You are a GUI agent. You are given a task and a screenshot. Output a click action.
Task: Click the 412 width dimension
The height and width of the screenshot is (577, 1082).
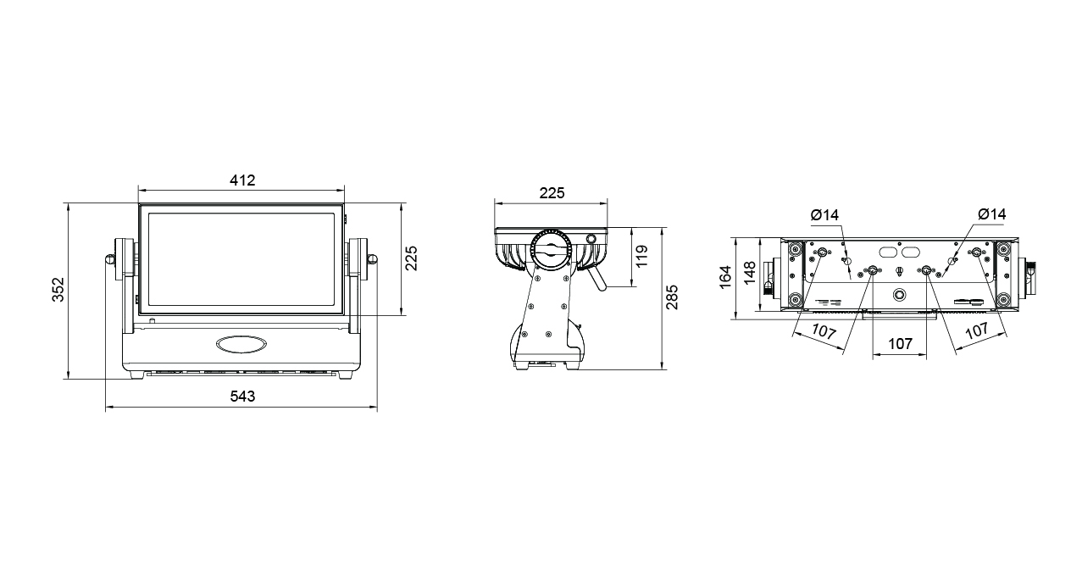coord(242,180)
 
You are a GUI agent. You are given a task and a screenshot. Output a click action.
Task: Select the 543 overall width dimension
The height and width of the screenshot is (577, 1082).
coord(242,397)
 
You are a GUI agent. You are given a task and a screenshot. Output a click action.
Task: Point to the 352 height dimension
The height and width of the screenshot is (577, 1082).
coord(58,289)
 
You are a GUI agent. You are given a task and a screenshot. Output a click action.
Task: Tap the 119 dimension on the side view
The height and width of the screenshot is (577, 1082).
coord(641,256)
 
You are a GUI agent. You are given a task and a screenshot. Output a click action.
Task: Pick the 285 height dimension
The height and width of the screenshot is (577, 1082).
coord(672,297)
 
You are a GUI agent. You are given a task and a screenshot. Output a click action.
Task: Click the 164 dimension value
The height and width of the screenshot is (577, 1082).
coord(725,277)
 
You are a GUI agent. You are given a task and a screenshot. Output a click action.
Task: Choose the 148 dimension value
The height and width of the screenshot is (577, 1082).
coord(749,273)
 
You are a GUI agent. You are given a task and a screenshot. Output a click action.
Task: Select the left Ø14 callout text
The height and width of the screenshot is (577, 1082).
coord(824,215)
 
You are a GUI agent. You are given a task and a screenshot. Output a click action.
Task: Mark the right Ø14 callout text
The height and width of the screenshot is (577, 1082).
coord(991,214)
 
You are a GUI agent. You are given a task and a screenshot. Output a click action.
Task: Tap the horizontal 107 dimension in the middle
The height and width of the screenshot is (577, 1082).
coord(901,344)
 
